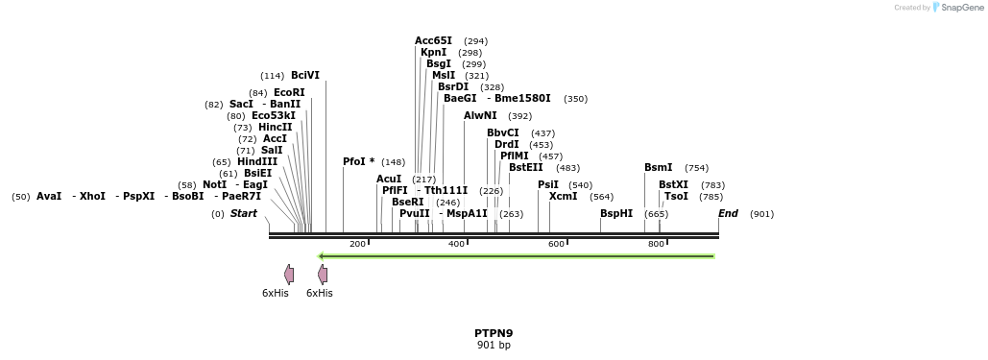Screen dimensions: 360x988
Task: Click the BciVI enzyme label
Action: [x=305, y=75]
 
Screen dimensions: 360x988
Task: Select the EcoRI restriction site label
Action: [x=289, y=92]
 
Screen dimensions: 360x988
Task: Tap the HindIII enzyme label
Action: [x=257, y=161]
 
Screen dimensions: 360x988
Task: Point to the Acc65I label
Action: [x=433, y=40]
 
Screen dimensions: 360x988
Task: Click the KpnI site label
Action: [x=433, y=52]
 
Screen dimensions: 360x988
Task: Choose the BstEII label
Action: [x=525, y=167]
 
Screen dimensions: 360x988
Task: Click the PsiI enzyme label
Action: [x=548, y=184]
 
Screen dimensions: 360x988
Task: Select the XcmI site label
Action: [x=564, y=196]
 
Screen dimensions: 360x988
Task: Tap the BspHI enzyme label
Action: [x=616, y=213]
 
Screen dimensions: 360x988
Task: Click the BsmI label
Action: [x=658, y=167]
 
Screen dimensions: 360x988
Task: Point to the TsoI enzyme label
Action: [x=676, y=196]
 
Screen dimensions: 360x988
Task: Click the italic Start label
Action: [x=243, y=213]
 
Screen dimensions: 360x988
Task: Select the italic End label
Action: [x=728, y=213]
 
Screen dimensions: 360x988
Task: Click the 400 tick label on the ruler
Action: [x=457, y=244]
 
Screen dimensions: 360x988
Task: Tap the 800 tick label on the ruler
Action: [x=657, y=244]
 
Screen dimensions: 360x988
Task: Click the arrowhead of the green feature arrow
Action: [x=323, y=256]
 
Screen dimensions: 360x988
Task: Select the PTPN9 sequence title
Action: [x=494, y=333]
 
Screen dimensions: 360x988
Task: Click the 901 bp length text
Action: [x=494, y=345]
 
